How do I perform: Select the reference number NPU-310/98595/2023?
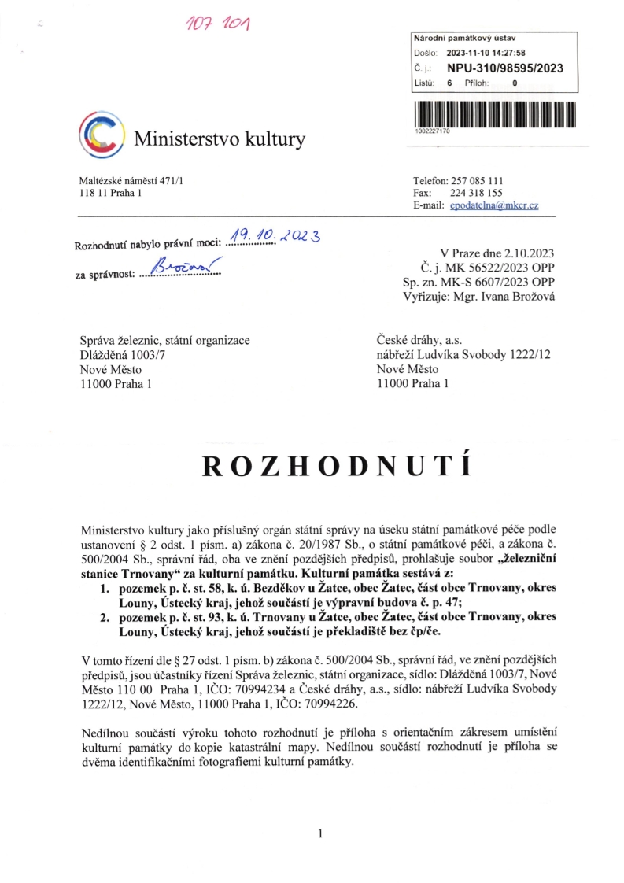coord(504,68)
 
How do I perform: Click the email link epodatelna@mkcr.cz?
coord(494,205)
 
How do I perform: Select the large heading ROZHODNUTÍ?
coord(337,467)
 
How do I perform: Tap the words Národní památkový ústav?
coord(460,39)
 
